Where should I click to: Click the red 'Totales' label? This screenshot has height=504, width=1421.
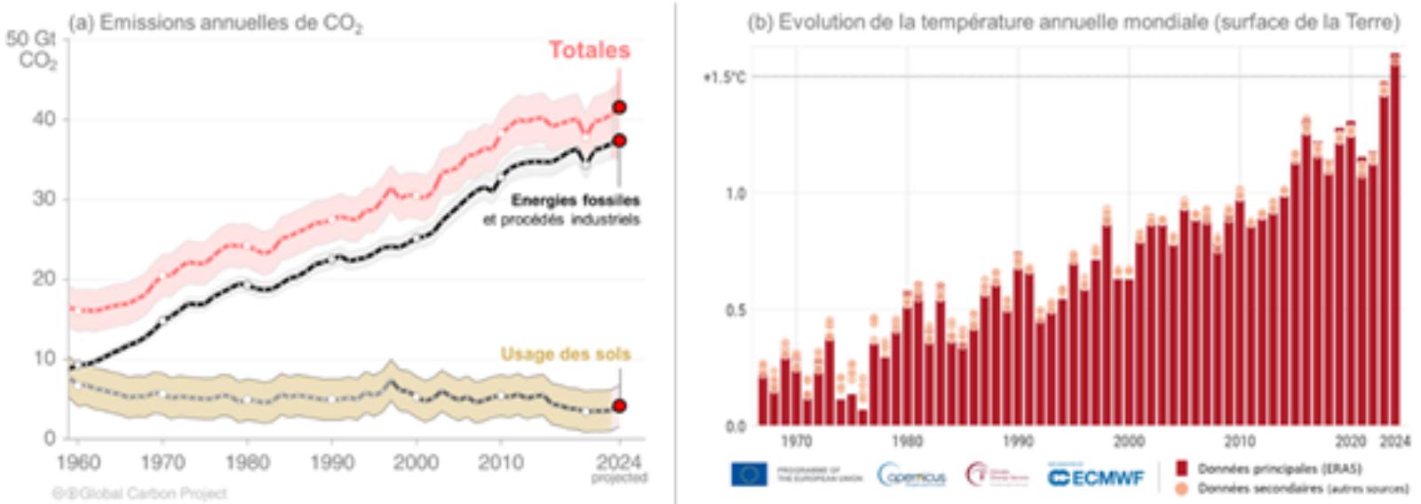coord(589,50)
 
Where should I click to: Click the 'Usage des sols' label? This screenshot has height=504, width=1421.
coord(565,354)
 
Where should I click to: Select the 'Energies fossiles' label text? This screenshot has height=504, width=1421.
coord(575,201)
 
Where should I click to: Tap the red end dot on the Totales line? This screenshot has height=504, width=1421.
coord(619,108)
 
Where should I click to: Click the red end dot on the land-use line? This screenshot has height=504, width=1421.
coord(619,406)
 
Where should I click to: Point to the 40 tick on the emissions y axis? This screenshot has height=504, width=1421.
coord(44,119)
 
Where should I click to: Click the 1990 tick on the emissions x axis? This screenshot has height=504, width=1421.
coord(331,462)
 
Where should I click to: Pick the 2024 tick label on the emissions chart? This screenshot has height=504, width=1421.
coord(618,462)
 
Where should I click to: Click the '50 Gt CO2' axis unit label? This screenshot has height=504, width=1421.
coord(32,50)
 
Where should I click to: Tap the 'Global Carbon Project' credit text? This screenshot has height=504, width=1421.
coord(139,493)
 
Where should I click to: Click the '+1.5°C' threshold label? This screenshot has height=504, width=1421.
coord(724,77)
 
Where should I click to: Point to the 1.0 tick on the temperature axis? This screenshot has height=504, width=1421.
coord(736,194)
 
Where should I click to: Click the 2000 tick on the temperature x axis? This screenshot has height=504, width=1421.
coord(1129,441)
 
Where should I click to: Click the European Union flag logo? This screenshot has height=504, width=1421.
coord(749,475)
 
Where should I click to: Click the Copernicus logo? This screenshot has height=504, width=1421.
coord(911,476)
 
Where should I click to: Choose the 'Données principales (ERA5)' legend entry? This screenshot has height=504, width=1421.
coord(1278,468)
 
